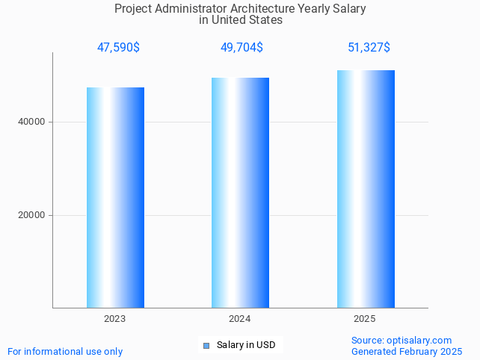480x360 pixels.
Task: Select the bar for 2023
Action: coord(115,197)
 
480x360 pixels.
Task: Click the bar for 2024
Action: coord(240,193)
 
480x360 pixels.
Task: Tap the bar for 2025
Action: coord(366,189)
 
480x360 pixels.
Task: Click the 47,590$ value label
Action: coord(118,48)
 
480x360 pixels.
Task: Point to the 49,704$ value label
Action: coord(241,48)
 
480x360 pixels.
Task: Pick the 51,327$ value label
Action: coord(369,48)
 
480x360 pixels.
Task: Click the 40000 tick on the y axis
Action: coord(32,122)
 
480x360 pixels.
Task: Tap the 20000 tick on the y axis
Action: coord(32,215)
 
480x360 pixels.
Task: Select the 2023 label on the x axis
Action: coord(115,319)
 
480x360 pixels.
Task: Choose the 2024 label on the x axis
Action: coord(240,319)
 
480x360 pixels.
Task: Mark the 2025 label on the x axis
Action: coord(365,319)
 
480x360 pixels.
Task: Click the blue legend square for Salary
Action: coord(206,345)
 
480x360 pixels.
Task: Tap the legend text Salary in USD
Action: coord(246,345)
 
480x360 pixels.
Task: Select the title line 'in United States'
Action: coord(241,20)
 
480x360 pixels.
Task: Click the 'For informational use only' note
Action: coord(65,351)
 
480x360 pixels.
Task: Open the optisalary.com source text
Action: coord(401,341)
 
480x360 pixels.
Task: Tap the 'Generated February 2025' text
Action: coord(407,351)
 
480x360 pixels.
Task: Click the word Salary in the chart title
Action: coord(349,9)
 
